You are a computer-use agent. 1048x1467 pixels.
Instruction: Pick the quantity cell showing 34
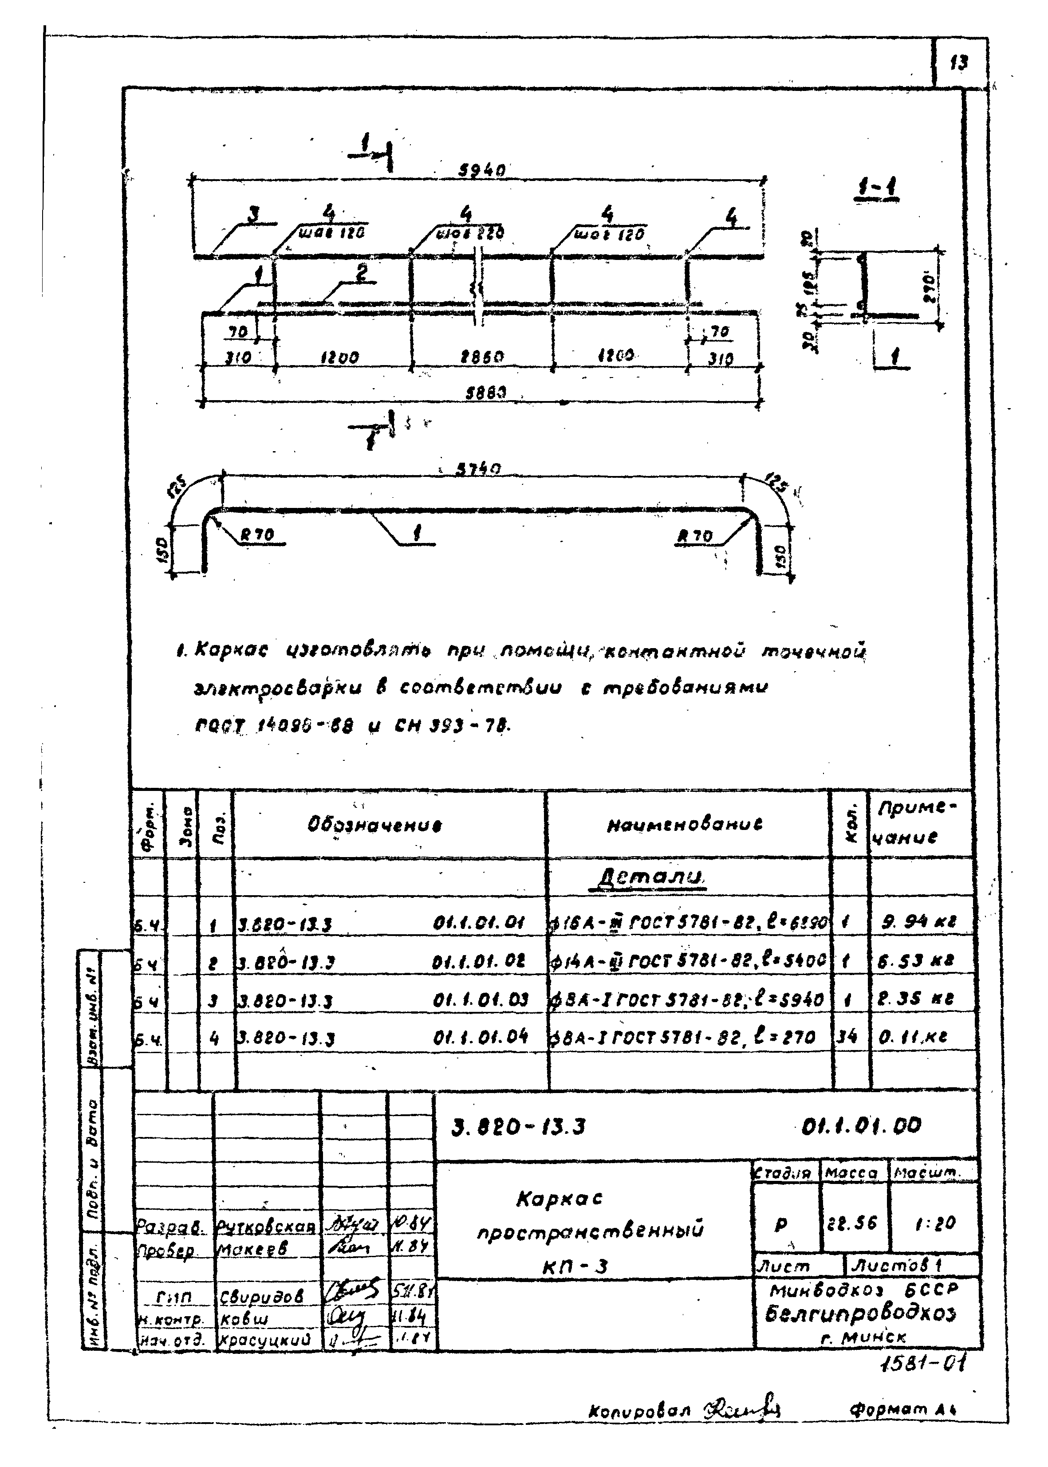(846, 1037)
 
